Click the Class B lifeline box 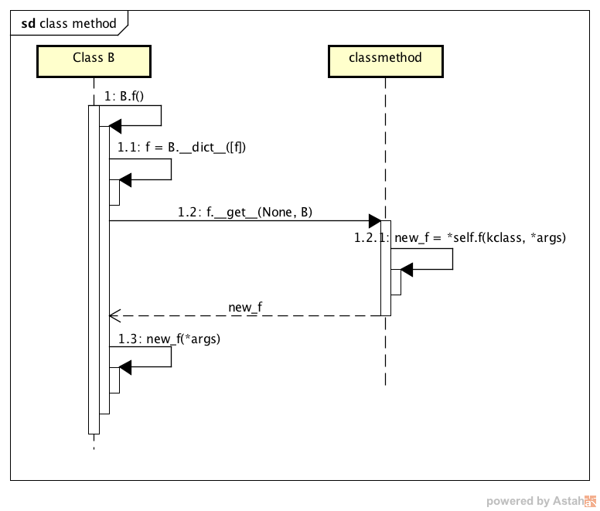pyautogui.click(x=94, y=61)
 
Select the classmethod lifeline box pyautogui.click(x=385, y=61)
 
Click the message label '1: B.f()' pyautogui.click(x=124, y=97)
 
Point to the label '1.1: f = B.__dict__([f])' pyautogui.click(x=181, y=147)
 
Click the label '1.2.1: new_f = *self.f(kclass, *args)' pyautogui.click(x=460, y=237)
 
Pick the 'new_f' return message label pyautogui.click(x=245, y=308)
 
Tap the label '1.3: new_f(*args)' pyautogui.click(x=169, y=339)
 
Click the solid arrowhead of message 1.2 pyautogui.click(x=374, y=221)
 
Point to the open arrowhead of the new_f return pyautogui.click(x=114, y=315)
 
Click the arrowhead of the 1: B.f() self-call pyautogui.click(x=115, y=126)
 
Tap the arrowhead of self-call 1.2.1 pyautogui.click(x=407, y=269)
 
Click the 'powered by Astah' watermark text pyautogui.click(x=534, y=501)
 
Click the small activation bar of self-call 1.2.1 pyautogui.click(x=396, y=281)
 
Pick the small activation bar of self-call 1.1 pyautogui.click(x=114, y=192)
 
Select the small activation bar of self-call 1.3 pyautogui.click(x=114, y=380)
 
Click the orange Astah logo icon pyautogui.click(x=590, y=500)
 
